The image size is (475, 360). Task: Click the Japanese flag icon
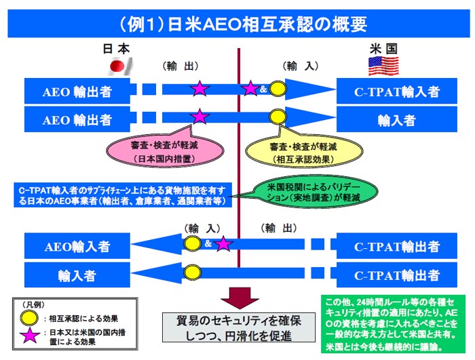pos(119,67)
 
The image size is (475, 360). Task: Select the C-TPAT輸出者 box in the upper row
pos(397,245)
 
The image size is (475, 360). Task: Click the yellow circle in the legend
pos(30,317)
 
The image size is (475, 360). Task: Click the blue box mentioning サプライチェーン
pos(126,195)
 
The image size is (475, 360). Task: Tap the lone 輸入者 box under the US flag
pos(397,120)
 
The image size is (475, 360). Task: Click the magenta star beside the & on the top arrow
pos(251,88)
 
